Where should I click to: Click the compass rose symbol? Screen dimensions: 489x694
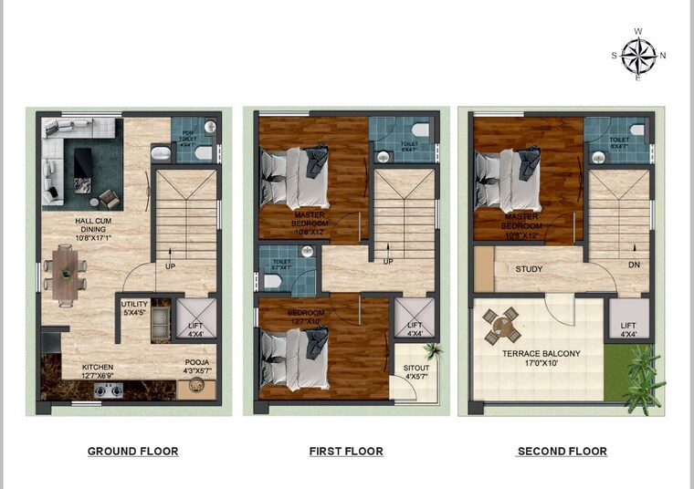coord(638,56)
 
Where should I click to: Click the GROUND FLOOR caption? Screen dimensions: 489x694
coord(132,451)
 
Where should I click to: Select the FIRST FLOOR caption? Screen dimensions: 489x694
coord(346,451)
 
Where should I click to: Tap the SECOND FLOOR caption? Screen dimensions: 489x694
coord(562,451)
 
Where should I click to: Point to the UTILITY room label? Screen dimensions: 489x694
coord(134,308)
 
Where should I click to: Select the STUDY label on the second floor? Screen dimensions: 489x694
coord(529,269)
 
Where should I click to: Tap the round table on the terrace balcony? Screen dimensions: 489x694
coord(500,324)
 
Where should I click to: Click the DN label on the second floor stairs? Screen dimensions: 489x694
coord(634,265)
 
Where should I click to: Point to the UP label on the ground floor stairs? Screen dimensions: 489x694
coord(170,267)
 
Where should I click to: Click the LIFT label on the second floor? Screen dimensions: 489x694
coord(628,329)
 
